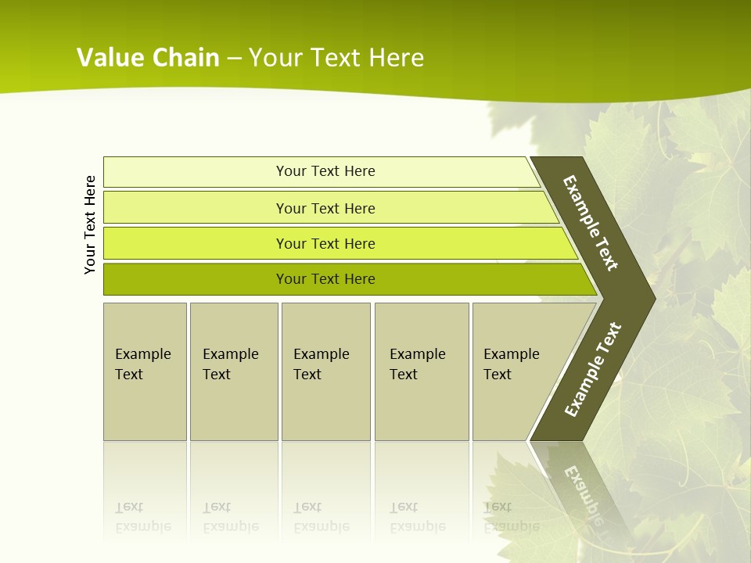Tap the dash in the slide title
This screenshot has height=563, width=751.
coord(234,59)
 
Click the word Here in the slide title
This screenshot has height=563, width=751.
coord(396,58)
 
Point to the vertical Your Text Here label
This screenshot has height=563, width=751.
coord(90,224)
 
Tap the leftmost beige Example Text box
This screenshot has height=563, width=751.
coord(145,371)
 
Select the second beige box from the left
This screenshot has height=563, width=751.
coord(233,371)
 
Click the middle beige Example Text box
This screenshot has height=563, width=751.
coord(325,371)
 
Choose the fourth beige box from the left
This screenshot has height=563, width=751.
coord(422,371)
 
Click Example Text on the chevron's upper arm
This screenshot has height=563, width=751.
coord(591,223)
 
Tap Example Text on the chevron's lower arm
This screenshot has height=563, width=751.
coord(592,370)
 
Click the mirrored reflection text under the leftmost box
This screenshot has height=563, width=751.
coord(142,518)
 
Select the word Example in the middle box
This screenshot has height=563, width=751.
coord(321,354)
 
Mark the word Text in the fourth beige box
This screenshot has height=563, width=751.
coord(404,375)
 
